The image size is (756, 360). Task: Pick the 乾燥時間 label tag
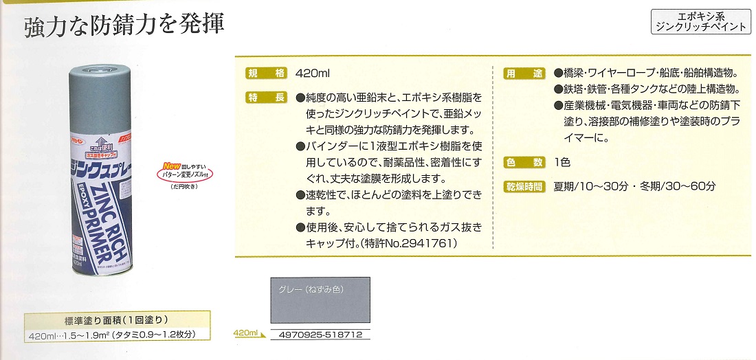tap(524, 185)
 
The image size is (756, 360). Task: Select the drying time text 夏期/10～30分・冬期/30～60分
tap(635, 185)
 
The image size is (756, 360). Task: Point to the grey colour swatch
tap(318, 306)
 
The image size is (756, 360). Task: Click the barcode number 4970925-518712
tap(317, 336)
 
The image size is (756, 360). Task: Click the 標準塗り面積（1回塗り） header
tap(117, 321)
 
